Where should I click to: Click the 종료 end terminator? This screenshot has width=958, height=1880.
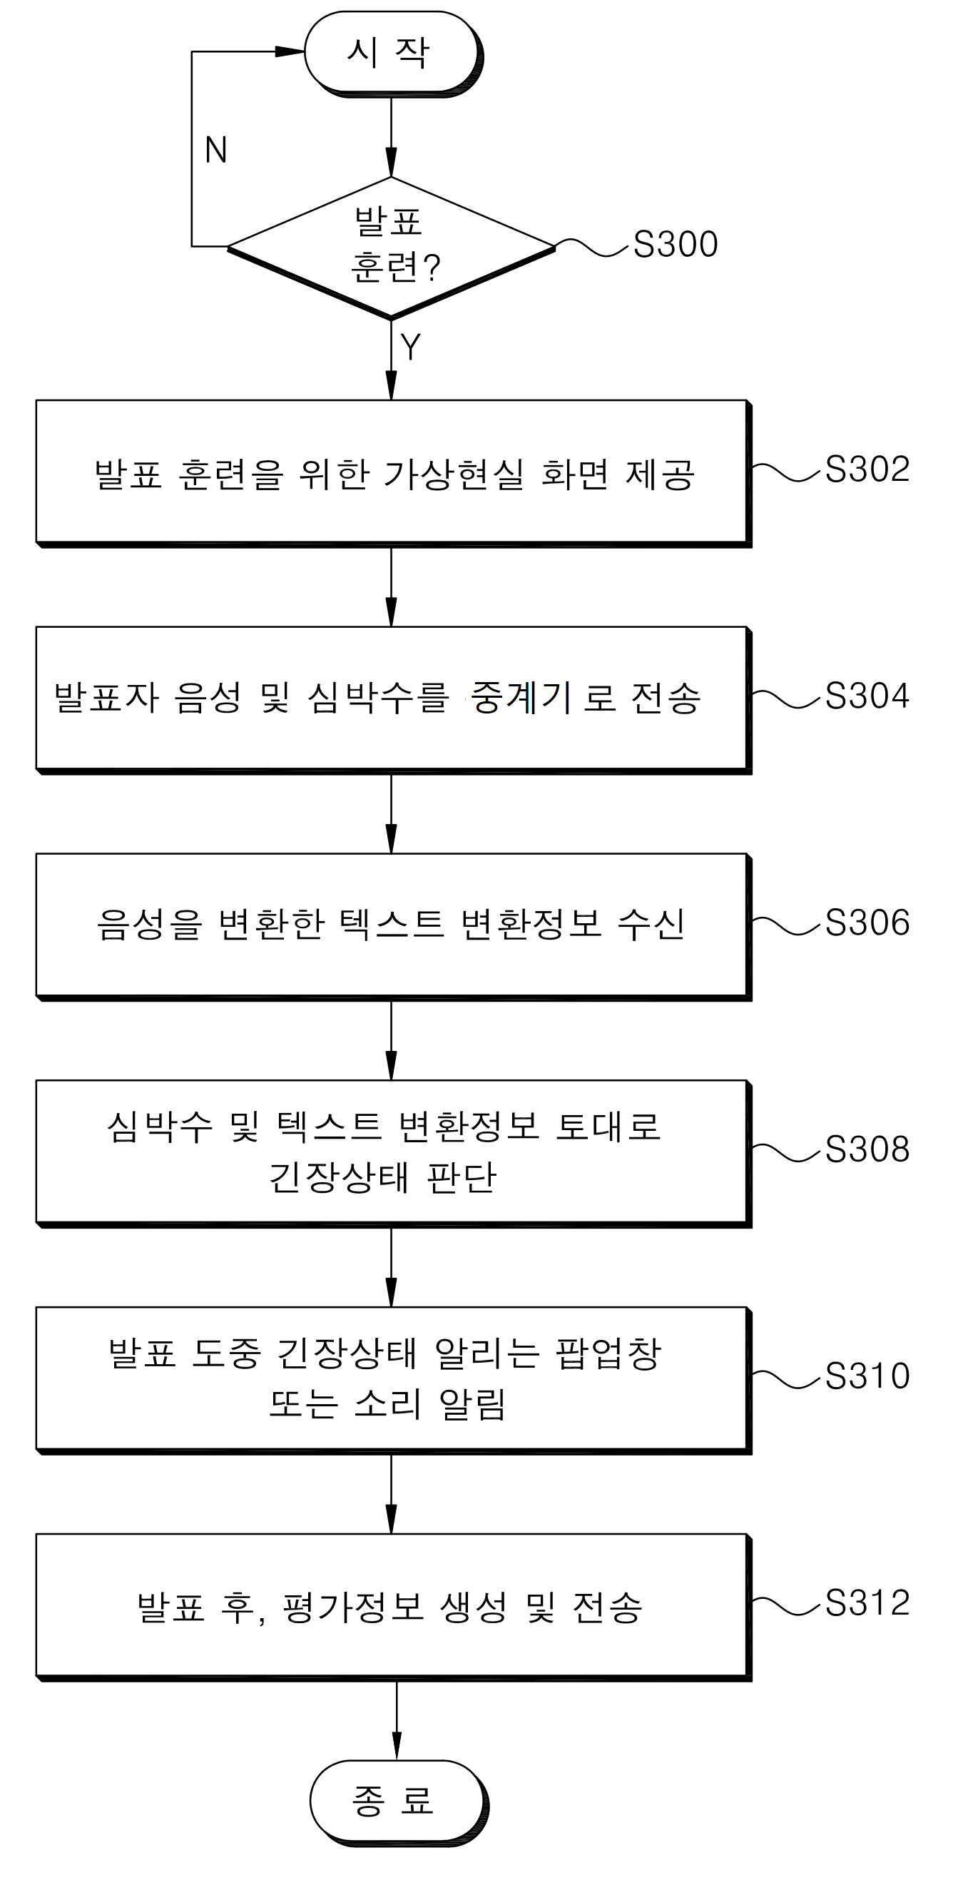398,1802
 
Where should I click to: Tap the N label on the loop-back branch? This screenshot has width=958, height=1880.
216,151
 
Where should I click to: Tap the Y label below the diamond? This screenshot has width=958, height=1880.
411,347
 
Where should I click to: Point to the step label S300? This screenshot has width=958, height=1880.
676,244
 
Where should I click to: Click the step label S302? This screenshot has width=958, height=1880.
867,469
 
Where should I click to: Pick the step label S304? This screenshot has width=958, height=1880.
867,696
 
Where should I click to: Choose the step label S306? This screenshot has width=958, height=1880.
867,923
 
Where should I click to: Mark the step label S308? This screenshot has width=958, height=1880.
867,1149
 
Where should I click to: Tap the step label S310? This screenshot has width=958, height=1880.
867,1376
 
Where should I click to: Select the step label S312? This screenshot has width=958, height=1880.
867,1602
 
